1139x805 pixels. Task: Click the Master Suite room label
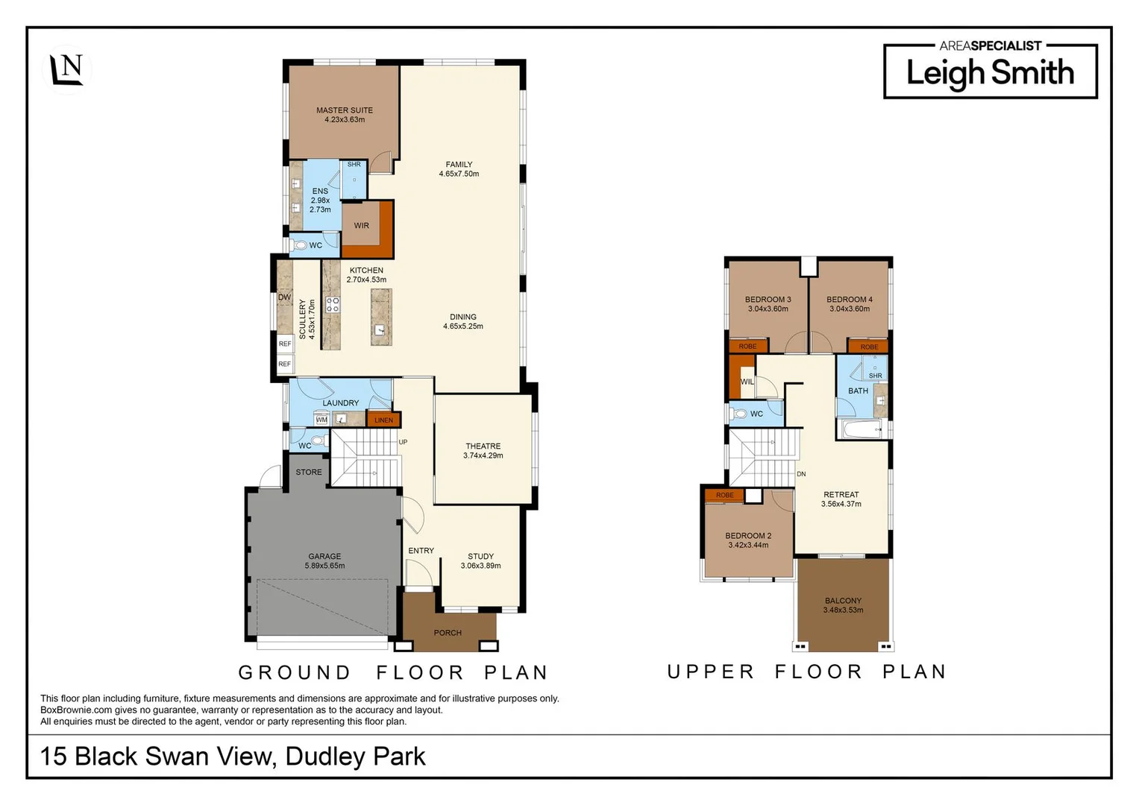coord(344,110)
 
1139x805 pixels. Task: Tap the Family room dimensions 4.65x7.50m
coord(459,174)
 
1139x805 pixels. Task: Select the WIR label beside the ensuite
coord(361,226)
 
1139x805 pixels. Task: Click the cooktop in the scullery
coord(333,304)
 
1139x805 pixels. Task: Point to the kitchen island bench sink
coord(380,329)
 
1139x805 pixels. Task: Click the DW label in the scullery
coord(284,297)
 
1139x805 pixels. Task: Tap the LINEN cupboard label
coord(383,420)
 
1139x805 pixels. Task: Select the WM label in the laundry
coord(321,420)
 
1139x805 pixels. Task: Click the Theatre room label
coord(483,446)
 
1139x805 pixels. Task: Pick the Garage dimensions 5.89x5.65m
coord(324,566)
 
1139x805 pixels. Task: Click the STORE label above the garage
coord(308,472)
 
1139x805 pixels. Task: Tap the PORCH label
coord(448,633)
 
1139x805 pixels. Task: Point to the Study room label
coord(480,556)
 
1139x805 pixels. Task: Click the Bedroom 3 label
coord(768,300)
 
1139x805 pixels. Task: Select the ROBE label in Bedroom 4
coord(869,347)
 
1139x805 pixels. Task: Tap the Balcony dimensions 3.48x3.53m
coord(843,610)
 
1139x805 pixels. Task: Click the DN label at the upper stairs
coord(801,474)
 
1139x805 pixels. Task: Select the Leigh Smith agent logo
coord(990,70)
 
